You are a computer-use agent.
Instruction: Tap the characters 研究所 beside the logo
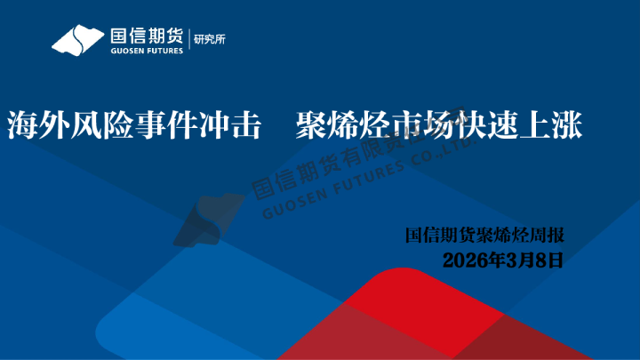point(209,40)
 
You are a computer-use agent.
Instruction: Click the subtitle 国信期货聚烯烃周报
point(484,236)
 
